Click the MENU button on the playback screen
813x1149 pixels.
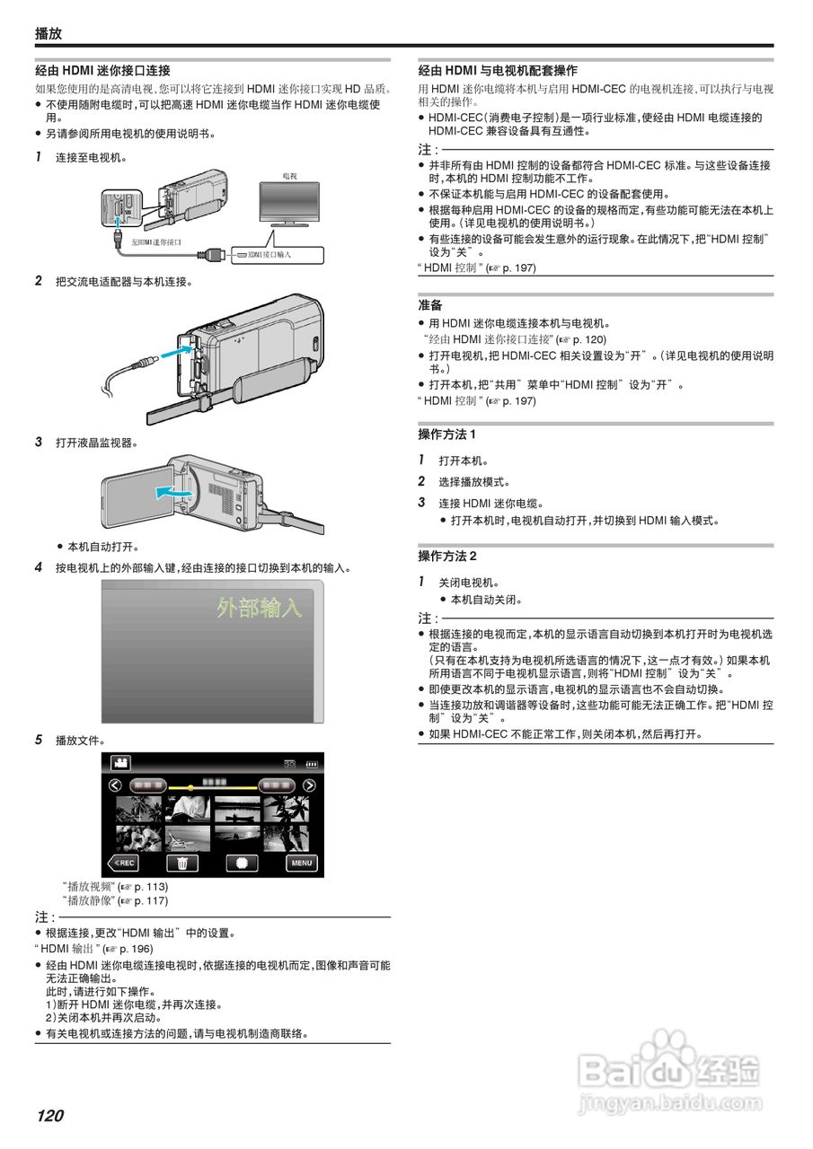(x=302, y=863)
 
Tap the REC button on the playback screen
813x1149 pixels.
(x=123, y=863)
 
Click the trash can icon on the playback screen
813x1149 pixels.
(x=182, y=863)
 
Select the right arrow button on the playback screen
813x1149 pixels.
(x=309, y=785)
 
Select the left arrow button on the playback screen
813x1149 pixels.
(x=115, y=785)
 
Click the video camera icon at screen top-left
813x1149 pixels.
(x=120, y=762)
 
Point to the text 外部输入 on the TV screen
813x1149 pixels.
(x=259, y=609)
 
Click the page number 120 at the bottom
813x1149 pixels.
(x=50, y=1116)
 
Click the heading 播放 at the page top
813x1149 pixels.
(x=49, y=33)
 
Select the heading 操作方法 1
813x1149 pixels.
(x=446, y=434)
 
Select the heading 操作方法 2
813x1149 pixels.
(x=446, y=556)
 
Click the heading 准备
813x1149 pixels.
(x=429, y=305)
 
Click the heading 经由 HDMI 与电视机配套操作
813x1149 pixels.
(x=498, y=70)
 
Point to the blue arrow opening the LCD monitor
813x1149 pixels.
(x=172, y=491)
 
